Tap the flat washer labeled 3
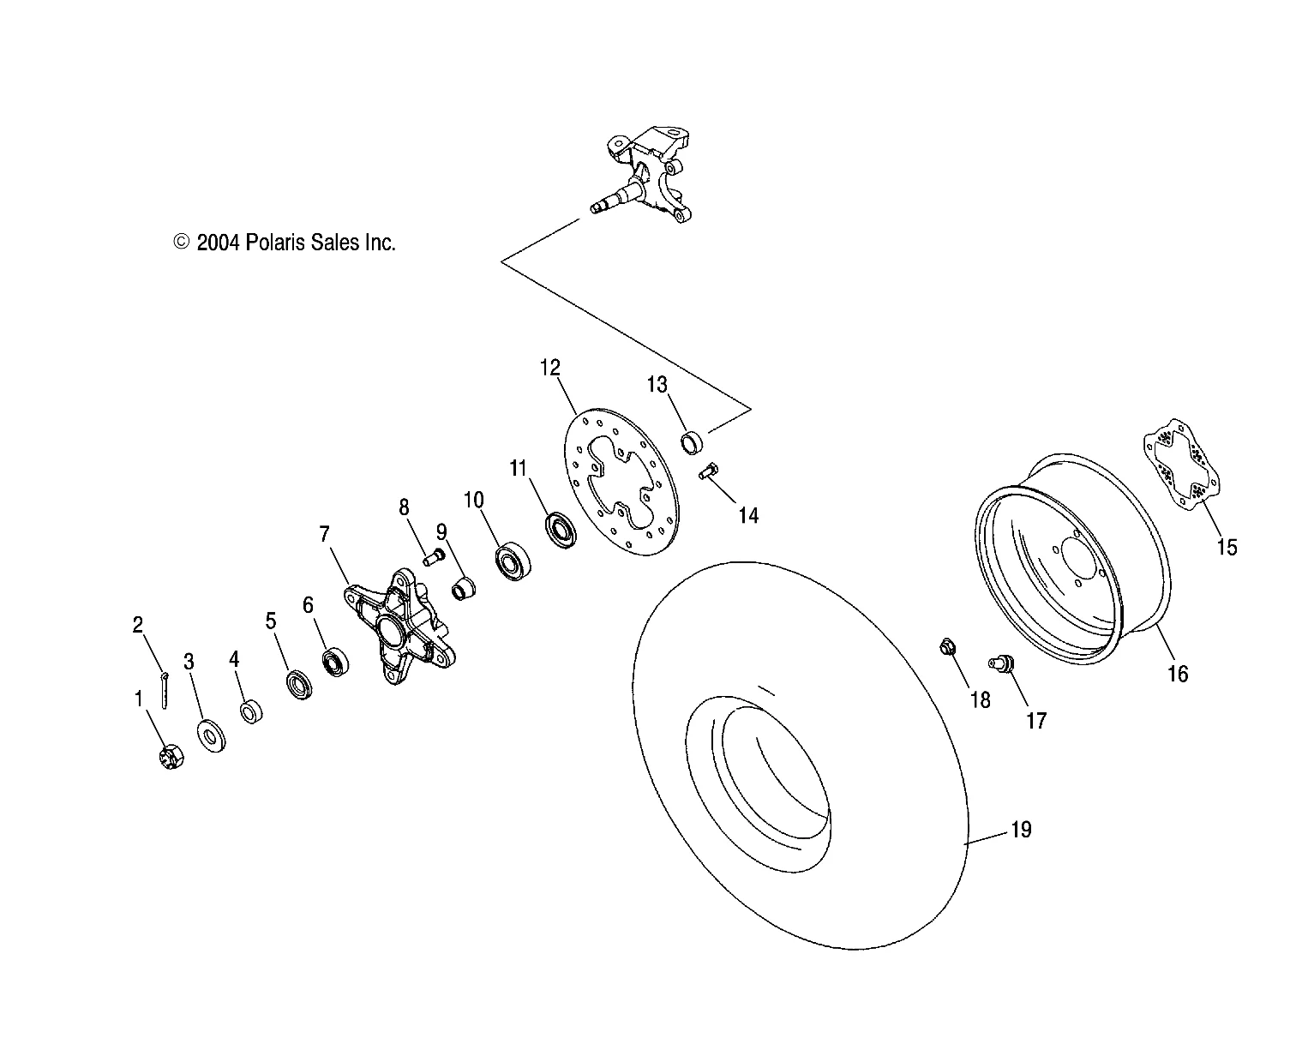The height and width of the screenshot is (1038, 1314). click(211, 736)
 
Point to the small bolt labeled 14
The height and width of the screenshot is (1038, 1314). click(709, 471)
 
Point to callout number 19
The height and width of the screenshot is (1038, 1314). click(1021, 830)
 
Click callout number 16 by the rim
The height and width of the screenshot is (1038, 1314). click(1178, 674)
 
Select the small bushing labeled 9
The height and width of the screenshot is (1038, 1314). click(463, 590)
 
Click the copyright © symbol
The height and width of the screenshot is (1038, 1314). click(181, 243)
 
